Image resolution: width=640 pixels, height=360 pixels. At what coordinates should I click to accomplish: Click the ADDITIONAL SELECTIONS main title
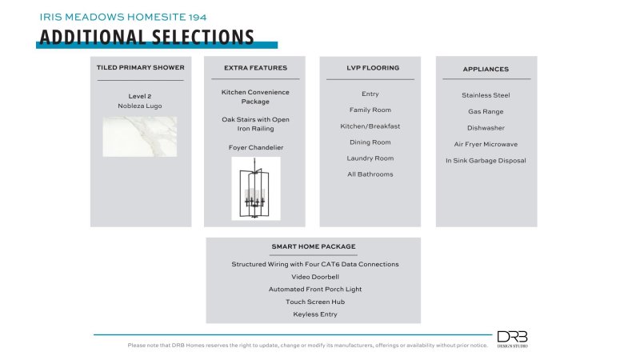coord(146,37)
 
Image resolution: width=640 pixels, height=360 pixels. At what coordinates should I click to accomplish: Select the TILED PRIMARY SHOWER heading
coord(140,68)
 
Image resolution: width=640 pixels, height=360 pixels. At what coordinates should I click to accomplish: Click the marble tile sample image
coord(140,137)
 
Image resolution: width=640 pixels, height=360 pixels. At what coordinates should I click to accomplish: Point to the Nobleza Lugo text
coord(140,106)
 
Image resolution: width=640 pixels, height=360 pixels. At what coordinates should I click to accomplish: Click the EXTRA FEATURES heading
coord(255,68)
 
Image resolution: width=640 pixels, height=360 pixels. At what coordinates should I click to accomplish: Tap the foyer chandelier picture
coord(255,188)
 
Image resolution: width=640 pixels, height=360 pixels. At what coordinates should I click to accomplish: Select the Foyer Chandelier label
coord(255,147)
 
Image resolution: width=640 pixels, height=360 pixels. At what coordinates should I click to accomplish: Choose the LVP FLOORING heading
coord(370,68)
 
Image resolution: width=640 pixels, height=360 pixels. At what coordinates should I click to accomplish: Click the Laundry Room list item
coord(370,158)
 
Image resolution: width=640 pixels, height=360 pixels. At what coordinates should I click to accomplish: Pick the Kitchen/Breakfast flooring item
coord(370,126)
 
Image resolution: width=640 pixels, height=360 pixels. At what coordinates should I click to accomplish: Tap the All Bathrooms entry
coord(370,174)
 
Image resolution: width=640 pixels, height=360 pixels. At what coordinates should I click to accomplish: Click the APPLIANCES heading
coord(486,69)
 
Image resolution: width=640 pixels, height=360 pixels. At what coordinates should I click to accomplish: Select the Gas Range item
coord(486,111)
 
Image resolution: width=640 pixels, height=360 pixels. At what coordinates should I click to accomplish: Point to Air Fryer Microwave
coord(486,144)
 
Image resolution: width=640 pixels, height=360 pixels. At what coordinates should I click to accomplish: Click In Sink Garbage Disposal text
coord(486,160)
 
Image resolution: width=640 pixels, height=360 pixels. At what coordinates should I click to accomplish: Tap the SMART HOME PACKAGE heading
coord(313,246)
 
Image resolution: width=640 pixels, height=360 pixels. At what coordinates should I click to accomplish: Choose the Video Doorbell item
coord(313,277)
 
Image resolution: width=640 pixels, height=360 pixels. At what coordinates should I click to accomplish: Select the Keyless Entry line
coord(313,314)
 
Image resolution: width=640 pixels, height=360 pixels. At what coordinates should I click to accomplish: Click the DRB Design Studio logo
coord(512,339)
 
